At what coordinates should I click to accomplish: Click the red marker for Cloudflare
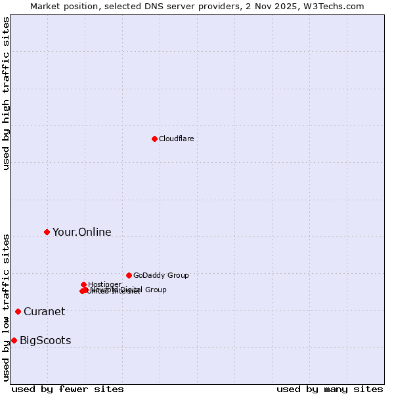click(154, 139)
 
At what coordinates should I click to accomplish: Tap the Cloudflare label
click(176, 139)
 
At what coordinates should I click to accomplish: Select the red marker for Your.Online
click(47, 232)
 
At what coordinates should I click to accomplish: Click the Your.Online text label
click(81, 232)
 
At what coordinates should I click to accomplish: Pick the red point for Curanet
click(18, 311)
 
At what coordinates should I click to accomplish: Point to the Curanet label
click(44, 312)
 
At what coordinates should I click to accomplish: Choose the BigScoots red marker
click(14, 340)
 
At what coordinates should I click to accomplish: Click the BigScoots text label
click(45, 341)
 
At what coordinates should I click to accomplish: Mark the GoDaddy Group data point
click(129, 275)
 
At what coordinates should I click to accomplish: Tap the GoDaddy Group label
click(161, 276)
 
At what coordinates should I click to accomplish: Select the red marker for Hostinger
click(83, 284)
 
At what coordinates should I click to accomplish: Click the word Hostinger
click(105, 284)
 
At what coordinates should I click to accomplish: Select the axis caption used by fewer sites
click(68, 389)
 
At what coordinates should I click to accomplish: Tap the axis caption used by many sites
click(330, 389)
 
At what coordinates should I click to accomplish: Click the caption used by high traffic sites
click(7, 93)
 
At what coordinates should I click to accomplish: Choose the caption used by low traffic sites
click(7, 307)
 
